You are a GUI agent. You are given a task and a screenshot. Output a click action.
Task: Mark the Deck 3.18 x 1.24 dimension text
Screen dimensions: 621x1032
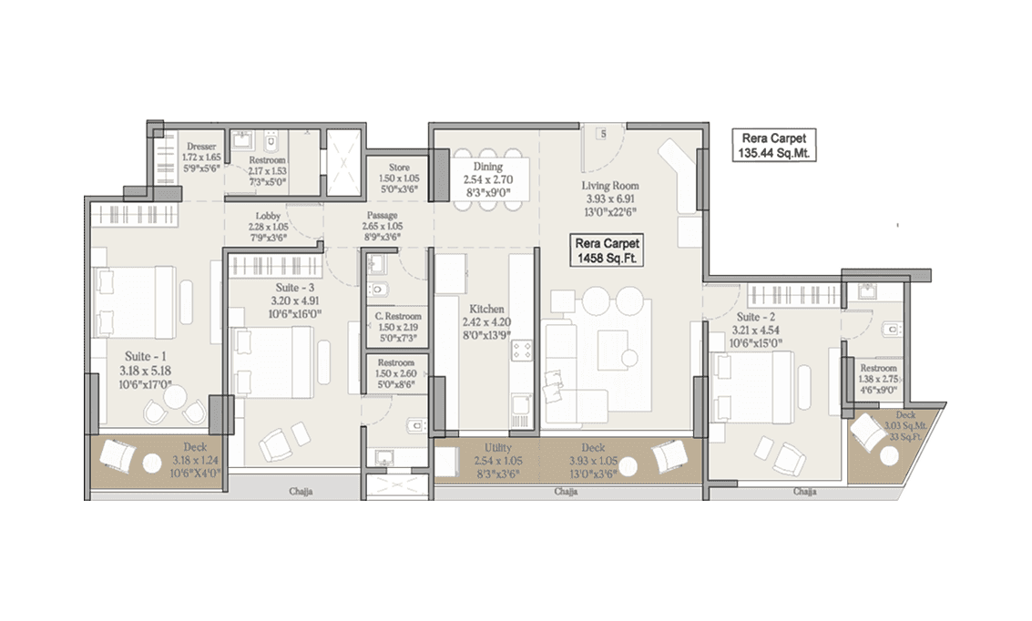point(195,459)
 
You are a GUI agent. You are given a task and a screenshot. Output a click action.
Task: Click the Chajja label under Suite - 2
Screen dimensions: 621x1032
point(803,492)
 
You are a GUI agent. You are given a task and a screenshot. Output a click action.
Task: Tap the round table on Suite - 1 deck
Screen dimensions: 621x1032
point(152,463)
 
